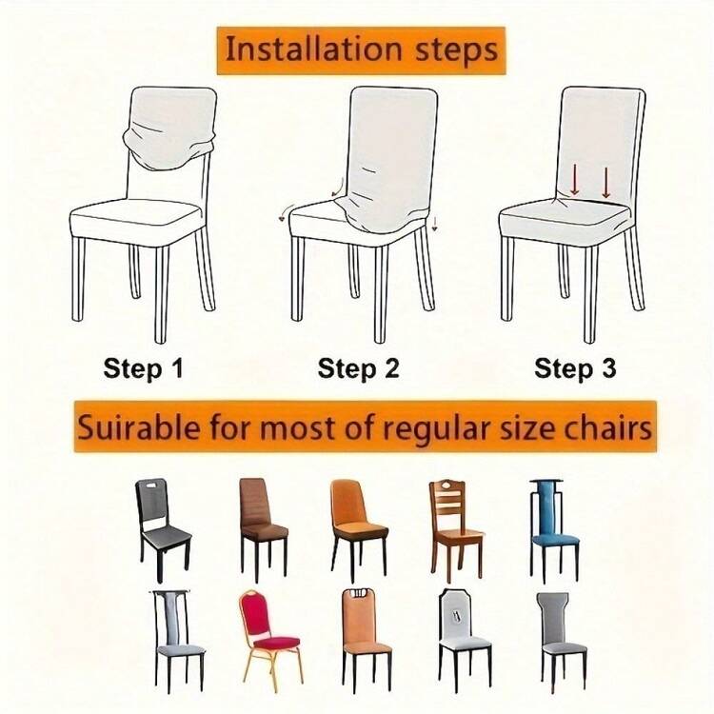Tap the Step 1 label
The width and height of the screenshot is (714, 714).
point(143,367)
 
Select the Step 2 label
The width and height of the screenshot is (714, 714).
point(358,367)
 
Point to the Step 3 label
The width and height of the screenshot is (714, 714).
point(575,367)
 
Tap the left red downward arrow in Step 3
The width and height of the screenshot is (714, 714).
point(575,179)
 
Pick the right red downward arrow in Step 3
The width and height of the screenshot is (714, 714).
point(606,182)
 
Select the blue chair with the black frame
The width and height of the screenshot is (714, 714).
point(554,531)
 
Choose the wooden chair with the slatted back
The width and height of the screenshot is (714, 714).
point(455,531)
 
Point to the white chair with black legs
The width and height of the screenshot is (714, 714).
point(465,639)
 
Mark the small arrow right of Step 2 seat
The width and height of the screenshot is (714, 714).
point(434,224)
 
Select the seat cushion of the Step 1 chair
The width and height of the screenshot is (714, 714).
point(136,221)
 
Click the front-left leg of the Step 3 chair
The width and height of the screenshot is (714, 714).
point(507,279)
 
